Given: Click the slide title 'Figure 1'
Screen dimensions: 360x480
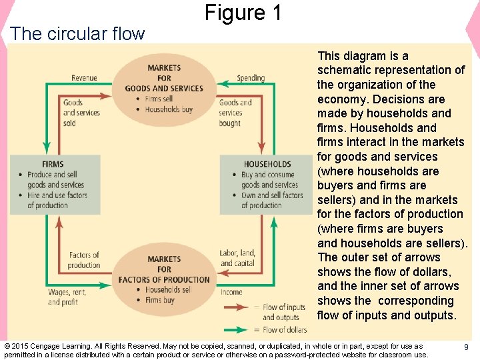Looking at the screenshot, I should (x=243, y=13).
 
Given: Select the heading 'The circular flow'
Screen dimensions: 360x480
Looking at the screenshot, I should (x=77, y=33).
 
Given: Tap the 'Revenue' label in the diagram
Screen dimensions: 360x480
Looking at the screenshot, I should (x=84, y=78).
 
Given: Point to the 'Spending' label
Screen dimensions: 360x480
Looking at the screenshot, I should (x=251, y=78).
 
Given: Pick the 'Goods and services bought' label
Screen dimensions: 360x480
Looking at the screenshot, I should (x=235, y=113).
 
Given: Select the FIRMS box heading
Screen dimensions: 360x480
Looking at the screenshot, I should (x=53, y=164).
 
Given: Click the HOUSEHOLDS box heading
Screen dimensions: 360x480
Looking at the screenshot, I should (x=267, y=164).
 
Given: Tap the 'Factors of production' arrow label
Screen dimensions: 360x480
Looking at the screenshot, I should (x=83, y=260).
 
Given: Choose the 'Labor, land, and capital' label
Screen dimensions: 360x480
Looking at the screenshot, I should (x=237, y=258).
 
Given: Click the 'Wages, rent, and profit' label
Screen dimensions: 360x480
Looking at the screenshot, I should (x=67, y=297).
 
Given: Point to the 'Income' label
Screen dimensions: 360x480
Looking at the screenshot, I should (x=231, y=292).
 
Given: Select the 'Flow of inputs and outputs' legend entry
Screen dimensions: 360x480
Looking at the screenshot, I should (x=285, y=312).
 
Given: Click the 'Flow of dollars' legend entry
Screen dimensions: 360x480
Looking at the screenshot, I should (x=285, y=329).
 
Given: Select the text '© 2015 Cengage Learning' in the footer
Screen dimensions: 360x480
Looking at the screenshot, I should (x=49, y=346).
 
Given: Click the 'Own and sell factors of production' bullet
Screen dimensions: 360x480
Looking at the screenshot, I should (x=271, y=200).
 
